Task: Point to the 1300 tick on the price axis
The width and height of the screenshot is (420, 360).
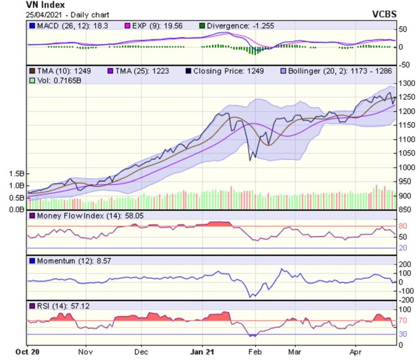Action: coord(407,83)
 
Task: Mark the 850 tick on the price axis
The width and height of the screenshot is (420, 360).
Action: coord(404,210)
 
